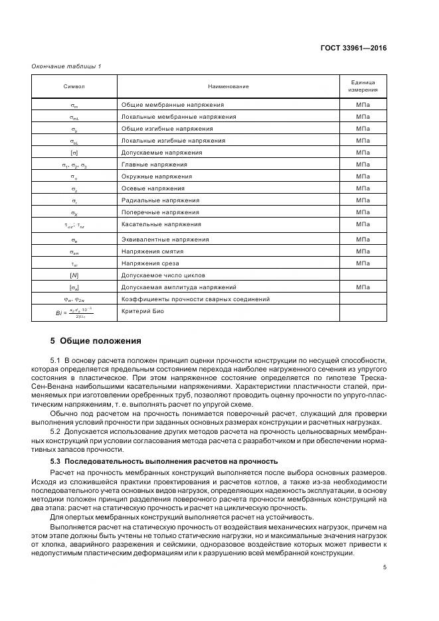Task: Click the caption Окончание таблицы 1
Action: pos(66,66)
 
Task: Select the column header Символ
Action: pos(74,87)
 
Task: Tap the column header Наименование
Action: pos(228,87)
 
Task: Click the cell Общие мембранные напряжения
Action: pos(172,105)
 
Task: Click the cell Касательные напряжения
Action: pos(161,224)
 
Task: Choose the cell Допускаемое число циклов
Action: pos(163,275)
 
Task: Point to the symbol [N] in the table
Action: pos(74,275)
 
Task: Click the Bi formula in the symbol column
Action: pos(74,313)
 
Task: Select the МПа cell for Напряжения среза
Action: pos(363,263)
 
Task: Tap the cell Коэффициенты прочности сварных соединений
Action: pos(195,299)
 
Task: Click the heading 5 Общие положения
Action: pos(96,341)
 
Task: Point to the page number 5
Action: pos(385,567)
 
